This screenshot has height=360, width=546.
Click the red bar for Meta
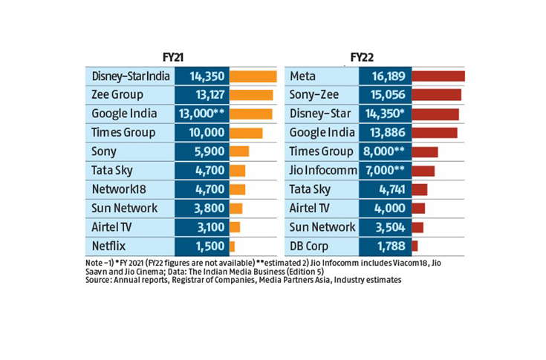438,76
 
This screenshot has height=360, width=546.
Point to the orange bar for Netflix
233,246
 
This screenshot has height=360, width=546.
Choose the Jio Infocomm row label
322,171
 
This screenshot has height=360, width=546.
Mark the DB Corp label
312,246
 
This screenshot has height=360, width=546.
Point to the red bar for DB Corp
415,246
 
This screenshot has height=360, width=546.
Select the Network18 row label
117,189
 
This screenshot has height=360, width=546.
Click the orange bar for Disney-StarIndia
253,76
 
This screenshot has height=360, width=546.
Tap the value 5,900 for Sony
201,151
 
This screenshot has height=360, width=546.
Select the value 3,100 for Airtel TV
201,227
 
